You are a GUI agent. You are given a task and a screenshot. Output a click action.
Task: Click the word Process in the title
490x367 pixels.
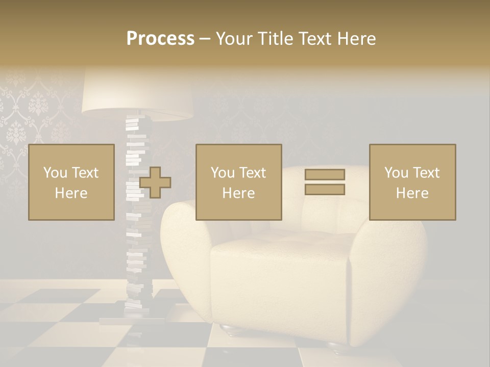coord(160,39)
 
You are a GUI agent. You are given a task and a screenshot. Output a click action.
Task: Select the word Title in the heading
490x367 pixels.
coord(275,39)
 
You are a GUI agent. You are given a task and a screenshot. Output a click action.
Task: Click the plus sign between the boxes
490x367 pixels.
coord(155,182)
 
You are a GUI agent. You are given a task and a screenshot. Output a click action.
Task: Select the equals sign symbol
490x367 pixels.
coord(325,182)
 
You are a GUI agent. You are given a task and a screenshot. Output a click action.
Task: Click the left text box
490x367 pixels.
coord(71,182)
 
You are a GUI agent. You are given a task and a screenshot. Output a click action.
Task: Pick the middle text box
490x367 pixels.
coord(239,182)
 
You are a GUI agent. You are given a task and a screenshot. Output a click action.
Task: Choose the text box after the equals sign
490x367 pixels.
coord(412,182)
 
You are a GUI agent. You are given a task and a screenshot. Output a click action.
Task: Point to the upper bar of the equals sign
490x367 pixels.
coord(325,175)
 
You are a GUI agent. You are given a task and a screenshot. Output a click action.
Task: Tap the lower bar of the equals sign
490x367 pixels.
coord(325,189)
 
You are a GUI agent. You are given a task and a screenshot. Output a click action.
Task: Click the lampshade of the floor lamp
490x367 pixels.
coord(137,94)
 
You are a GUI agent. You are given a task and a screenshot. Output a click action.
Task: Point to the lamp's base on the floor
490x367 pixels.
coord(125,320)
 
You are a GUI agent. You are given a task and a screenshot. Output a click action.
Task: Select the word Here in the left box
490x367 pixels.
coord(71,193)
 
